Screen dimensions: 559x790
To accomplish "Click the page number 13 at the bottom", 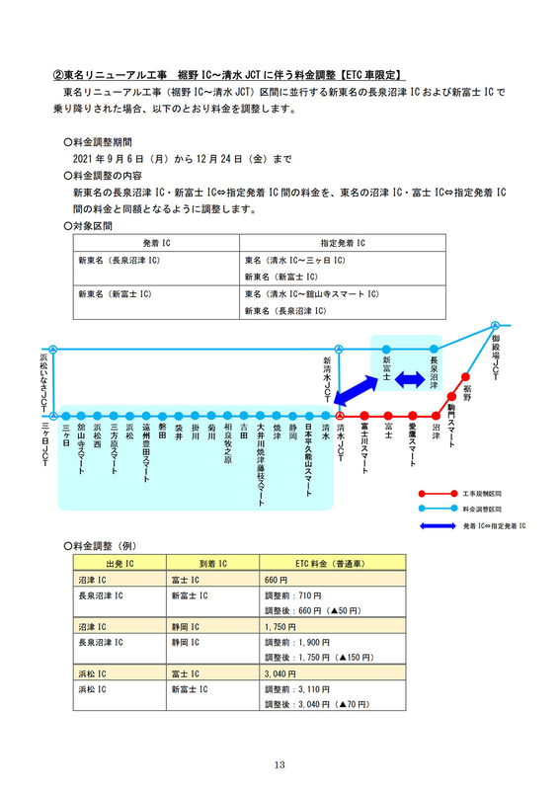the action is click(x=279, y=763).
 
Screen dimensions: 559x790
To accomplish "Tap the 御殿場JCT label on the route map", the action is click(x=495, y=358).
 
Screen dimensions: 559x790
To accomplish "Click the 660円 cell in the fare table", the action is click(x=276, y=579).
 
